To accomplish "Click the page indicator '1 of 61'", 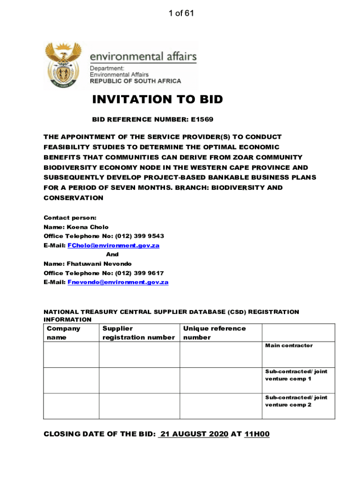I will point(181,13).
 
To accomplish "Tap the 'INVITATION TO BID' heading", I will point(158,99).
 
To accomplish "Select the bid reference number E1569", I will point(202,119).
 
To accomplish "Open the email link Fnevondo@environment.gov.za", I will point(118,282).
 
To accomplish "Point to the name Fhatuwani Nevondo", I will point(100,264).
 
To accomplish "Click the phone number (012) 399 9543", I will point(139,236).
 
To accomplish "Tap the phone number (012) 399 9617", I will point(139,273).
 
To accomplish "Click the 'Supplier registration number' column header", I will point(138,333).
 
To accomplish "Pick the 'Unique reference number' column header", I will point(214,333).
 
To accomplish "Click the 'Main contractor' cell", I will point(289,346).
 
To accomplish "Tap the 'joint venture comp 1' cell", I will point(296,375).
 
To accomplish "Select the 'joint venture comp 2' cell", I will point(296,401).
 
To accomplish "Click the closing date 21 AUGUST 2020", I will point(194,434).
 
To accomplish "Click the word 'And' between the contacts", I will point(112,254).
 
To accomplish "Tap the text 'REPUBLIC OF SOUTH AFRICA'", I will point(135,81).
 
